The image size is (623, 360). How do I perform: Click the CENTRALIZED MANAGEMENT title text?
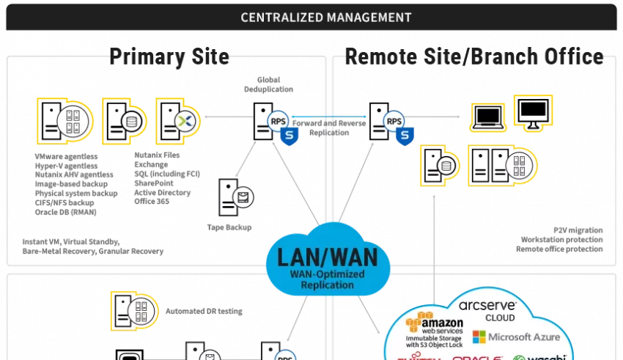coord(325,17)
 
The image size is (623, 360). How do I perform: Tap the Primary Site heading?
coord(169,56)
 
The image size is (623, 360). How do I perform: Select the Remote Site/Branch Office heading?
coord(474,56)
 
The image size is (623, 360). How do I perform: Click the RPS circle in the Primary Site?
coord(278,122)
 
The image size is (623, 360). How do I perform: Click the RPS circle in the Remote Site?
coord(394,122)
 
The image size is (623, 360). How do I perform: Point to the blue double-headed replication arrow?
coord(329,116)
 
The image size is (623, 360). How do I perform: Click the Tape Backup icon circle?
coord(242,198)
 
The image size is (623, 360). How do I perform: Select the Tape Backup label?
coord(229,227)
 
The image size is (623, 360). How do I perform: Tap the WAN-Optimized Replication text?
coord(327,279)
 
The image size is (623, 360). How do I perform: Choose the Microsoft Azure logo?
coord(516,337)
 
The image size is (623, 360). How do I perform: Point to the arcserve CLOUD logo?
coord(487,309)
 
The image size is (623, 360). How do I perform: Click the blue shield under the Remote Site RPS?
coord(404,135)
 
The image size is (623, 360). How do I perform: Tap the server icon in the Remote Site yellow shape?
coord(519,166)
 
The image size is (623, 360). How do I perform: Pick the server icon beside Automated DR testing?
coord(136,309)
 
